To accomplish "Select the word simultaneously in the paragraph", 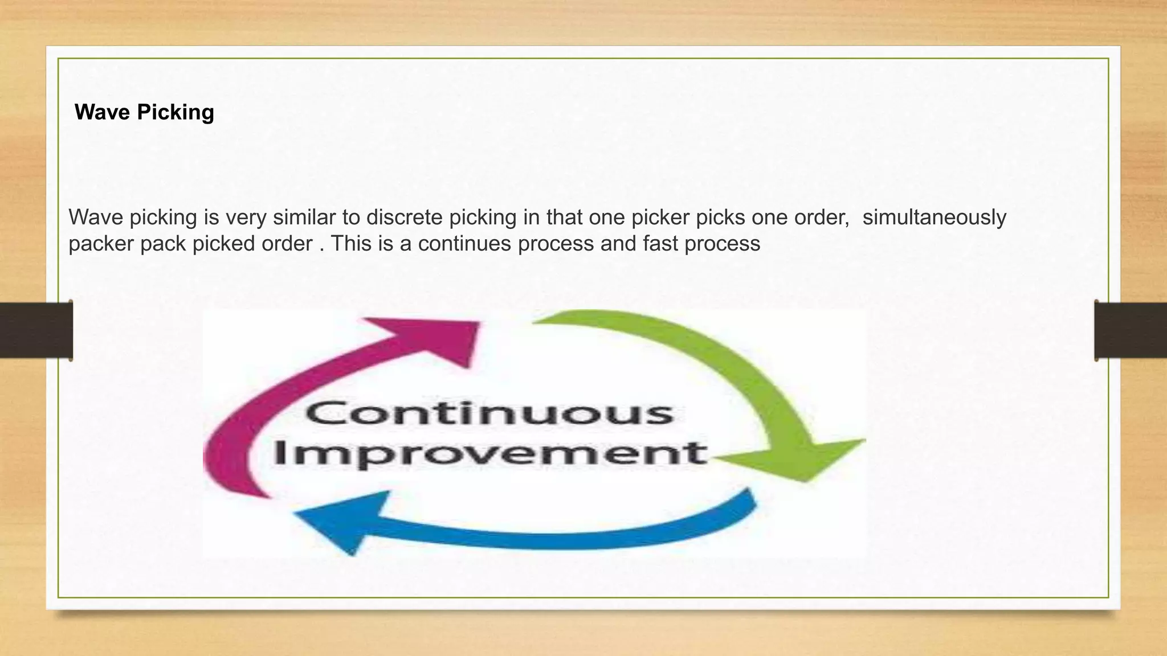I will point(934,218).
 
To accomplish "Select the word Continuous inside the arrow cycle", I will point(490,413).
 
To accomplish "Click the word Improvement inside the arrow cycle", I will point(490,454).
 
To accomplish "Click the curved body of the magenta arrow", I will point(251,416).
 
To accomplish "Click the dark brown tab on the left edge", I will point(36,330).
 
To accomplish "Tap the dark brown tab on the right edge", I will point(1131,330).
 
